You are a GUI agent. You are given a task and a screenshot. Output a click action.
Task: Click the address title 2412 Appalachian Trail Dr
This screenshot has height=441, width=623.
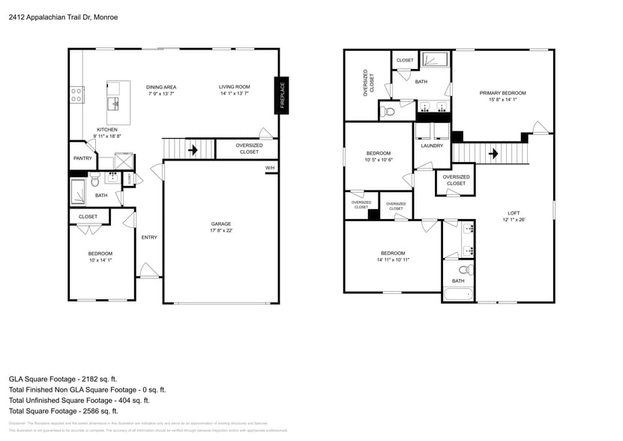click(63, 16)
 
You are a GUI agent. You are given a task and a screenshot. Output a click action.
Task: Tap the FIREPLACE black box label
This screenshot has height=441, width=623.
click(283, 95)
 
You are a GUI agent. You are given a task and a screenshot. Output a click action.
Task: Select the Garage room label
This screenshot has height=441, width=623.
click(220, 223)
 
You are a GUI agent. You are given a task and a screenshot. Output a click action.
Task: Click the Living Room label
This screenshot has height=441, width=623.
click(234, 87)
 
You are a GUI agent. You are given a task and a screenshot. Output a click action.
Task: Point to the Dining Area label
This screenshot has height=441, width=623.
click(161, 87)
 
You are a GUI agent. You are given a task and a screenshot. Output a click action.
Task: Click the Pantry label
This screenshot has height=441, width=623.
click(82, 158)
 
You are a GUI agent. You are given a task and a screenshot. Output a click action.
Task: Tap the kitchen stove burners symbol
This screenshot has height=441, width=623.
click(76, 94)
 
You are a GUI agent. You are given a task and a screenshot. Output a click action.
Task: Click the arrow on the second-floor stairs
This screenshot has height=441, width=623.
click(493, 154)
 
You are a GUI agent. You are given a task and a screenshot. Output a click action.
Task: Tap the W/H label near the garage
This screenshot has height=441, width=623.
click(270, 168)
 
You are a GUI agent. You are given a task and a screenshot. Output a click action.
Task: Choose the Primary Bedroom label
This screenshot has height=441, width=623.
click(502, 93)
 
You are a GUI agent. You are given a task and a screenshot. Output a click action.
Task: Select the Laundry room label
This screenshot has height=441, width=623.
click(432, 145)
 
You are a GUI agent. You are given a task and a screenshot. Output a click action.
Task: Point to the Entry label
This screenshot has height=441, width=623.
click(149, 238)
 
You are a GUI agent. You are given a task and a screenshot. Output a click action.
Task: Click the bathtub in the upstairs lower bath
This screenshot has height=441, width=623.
click(457, 293)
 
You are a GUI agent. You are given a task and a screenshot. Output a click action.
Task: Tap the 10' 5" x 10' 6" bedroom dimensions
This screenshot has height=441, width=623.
click(379, 160)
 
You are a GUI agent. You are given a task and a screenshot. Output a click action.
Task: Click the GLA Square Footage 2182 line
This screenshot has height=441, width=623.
click(63, 379)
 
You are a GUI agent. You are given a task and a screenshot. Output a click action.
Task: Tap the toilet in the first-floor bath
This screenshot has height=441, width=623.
click(95, 181)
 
